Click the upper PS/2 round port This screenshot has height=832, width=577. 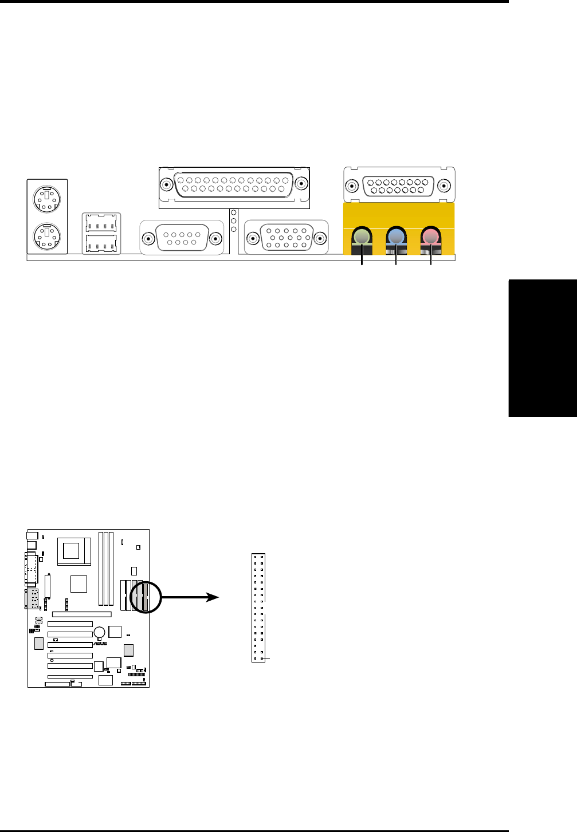point(47,200)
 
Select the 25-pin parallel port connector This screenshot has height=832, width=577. point(234,184)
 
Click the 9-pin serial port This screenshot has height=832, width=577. point(182,238)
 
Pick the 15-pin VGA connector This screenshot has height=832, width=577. point(286,238)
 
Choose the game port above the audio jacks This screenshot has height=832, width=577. point(399,185)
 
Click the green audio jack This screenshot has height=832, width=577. point(361,236)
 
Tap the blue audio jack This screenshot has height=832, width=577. point(395,236)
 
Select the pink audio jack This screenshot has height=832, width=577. point(430,236)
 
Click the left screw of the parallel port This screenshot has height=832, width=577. point(166,185)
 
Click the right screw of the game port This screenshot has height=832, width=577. point(444,186)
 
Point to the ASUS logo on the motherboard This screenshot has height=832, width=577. point(100,644)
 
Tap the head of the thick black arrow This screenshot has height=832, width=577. point(213,597)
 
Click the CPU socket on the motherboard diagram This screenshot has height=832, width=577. point(71,551)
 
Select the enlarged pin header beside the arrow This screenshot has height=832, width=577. point(258,608)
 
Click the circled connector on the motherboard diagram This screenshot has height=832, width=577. point(146,596)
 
